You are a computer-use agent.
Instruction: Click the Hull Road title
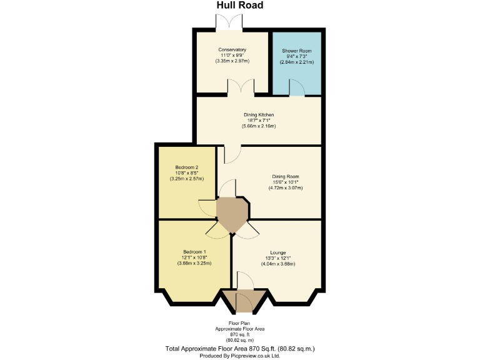239,6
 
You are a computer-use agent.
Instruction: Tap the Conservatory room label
232,50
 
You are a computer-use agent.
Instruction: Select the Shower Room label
296,51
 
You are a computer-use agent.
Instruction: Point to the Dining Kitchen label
259,115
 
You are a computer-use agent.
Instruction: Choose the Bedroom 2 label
187,167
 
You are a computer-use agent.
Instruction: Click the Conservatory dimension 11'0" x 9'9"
232,56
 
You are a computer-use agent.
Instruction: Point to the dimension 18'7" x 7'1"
259,121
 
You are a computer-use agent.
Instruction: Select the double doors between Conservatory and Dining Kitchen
241,88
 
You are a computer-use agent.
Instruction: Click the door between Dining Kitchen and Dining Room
231,153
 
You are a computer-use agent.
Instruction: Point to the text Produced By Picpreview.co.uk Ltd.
239,355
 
